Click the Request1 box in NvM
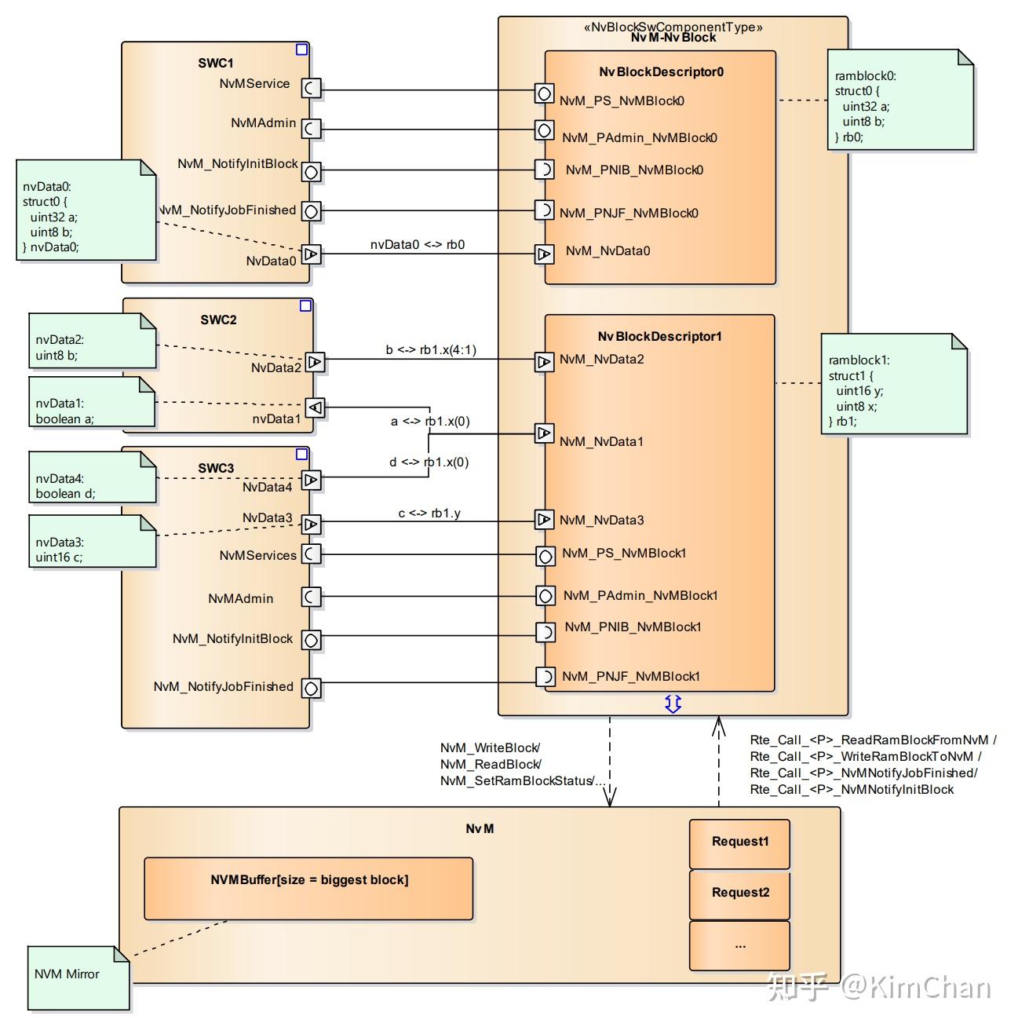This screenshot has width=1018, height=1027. (739, 843)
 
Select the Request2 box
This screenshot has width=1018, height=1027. (739, 894)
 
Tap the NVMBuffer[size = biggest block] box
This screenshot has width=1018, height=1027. (308, 888)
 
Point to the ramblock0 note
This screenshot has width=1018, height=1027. (899, 101)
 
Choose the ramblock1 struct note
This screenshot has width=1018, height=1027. (893, 384)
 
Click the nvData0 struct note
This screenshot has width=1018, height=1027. (86, 210)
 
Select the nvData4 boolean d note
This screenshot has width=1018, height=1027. (92, 477)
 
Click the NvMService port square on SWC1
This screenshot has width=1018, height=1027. (312, 89)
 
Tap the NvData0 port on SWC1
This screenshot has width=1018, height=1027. (312, 254)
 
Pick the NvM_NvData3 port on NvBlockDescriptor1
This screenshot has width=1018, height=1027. (544, 519)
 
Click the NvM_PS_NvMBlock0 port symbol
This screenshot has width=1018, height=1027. (544, 93)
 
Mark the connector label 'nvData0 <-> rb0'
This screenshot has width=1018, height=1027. (417, 245)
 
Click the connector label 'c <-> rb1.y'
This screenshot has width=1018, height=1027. (429, 513)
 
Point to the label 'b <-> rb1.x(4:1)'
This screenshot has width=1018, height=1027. (430, 350)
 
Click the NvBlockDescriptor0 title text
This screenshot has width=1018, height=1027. (661, 72)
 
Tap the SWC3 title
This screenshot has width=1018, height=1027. (216, 468)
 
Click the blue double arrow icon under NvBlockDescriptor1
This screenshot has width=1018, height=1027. (673, 704)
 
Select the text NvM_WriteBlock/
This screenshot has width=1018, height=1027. (490, 748)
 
